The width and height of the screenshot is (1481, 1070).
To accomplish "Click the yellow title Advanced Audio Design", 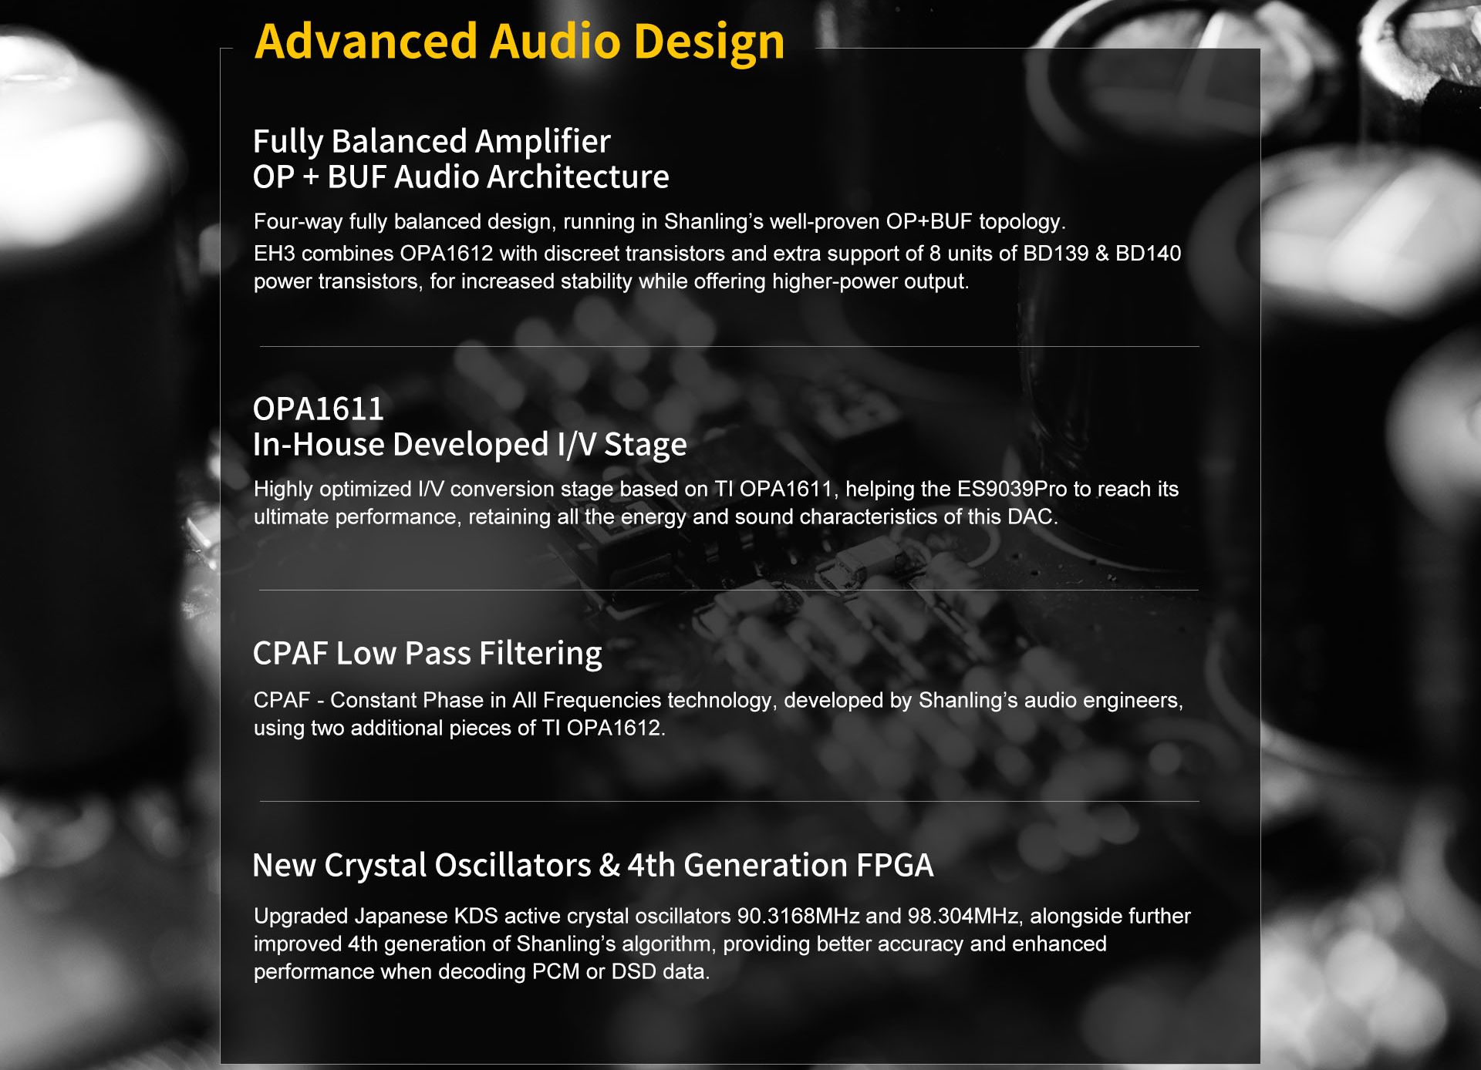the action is (519, 42).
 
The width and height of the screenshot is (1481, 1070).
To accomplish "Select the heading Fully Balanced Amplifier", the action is (432, 141).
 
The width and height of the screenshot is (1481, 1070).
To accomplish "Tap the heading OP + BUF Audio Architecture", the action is (461, 177).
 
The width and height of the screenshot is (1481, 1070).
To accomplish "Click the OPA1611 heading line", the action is (319, 409).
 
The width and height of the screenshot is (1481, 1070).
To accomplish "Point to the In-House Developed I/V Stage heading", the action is (470, 445).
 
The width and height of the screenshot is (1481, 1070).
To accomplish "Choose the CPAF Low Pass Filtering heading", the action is (427, 654).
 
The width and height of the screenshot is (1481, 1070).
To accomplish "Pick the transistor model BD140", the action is (1149, 254).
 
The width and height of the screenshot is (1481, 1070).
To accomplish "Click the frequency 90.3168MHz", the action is (798, 917).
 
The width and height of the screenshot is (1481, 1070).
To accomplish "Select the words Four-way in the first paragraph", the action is (298, 222).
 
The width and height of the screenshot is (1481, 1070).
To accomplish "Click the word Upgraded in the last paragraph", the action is (301, 917).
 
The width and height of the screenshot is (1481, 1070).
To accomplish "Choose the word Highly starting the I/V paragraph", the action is (283, 490).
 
